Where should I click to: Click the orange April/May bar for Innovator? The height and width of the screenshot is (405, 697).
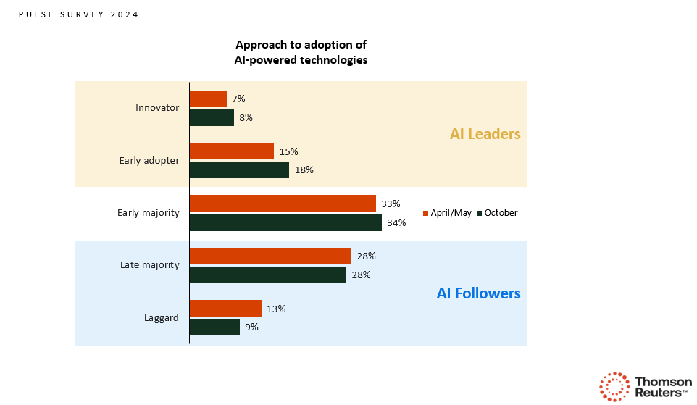point(208,99)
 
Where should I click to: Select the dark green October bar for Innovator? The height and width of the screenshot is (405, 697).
point(212,117)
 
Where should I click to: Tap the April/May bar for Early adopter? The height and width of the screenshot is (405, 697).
point(231,151)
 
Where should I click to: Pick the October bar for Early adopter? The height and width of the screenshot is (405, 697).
point(239,170)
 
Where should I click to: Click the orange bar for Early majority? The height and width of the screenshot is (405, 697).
point(283,204)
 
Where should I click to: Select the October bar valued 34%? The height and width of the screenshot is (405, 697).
point(285,222)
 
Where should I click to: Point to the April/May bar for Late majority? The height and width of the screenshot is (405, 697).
point(270,256)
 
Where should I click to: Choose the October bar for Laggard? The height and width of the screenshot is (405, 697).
point(214,327)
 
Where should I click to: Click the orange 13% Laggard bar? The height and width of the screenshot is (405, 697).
point(225,309)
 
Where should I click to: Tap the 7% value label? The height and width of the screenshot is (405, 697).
point(239,99)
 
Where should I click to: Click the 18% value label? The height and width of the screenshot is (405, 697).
point(304,170)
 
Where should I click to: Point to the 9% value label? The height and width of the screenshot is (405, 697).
point(251,327)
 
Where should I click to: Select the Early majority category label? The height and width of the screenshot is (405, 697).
point(148,213)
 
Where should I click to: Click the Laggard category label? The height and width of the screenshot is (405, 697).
point(162,317)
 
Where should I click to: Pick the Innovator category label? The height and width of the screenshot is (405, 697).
point(156,108)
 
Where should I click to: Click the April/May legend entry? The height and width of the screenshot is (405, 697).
point(447,213)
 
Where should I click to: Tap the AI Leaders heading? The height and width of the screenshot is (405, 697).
point(485,134)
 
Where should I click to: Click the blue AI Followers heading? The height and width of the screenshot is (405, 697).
point(478,293)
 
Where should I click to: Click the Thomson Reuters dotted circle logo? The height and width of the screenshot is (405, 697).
point(614,386)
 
